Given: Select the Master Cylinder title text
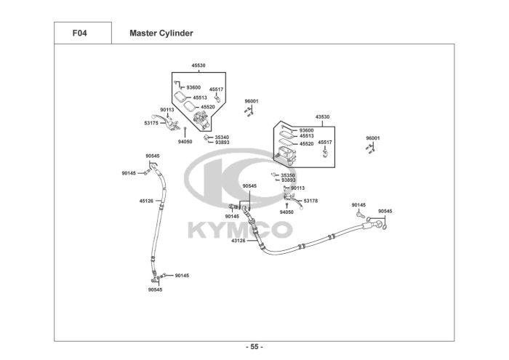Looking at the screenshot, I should tap(161, 33).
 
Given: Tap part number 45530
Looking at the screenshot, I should tap(199, 65).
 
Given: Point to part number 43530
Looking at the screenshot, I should tap(322, 116).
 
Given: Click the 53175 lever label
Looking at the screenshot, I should tap(151, 124).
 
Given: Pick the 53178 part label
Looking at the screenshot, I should tap(310, 201).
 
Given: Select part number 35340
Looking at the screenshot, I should tap(222, 136).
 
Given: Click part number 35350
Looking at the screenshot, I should tap(288, 175).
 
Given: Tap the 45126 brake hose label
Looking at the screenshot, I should tap(146, 201).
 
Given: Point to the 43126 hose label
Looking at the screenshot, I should tap(239, 240).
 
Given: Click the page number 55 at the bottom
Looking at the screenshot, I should tap(254, 346).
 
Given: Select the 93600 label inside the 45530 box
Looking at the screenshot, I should tap(193, 88).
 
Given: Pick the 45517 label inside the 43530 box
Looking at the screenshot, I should tap(324, 143).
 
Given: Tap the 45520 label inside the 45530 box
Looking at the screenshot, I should tap(208, 107).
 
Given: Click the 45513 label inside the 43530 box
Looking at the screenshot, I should tap(306, 136).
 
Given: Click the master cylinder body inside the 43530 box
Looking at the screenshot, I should tap(284, 152).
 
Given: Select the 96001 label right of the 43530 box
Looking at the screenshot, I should tap(373, 138).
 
